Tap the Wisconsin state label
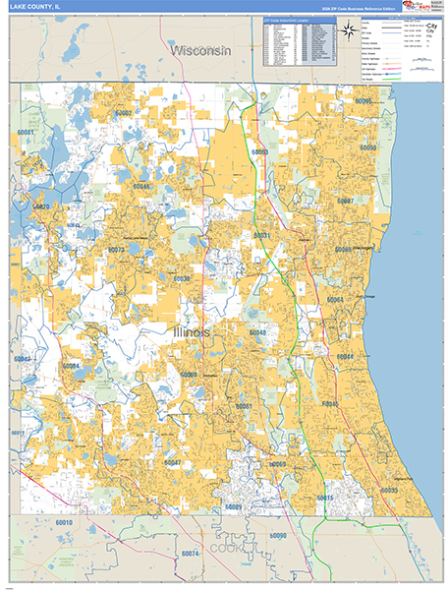(x=198, y=49)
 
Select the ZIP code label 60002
(x=122, y=114)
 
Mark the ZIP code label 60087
(x=344, y=201)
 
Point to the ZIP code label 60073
(x=116, y=250)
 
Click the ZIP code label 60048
(x=257, y=333)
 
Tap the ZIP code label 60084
(x=71, y=366)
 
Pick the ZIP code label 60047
(x=172, y=461)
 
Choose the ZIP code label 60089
(x=233, y=505)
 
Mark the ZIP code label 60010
(x=64, y=523)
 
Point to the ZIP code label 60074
(x=190, y=555)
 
